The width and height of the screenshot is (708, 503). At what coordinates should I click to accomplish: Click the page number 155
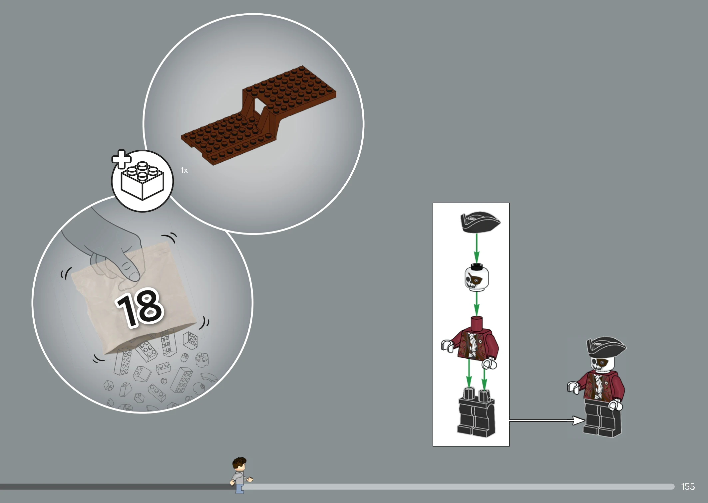click(688, 487)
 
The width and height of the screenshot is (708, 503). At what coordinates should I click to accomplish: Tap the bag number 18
click(140, 307)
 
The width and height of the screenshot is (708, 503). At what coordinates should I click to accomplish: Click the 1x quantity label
click(184, 170)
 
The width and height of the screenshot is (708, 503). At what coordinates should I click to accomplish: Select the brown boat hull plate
click(258, 115)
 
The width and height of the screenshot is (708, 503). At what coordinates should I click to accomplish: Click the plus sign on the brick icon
click(121, 159)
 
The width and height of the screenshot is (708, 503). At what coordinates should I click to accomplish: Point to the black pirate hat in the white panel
click(480, 222)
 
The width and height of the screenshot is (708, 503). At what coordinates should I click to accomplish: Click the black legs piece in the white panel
click(476, 413)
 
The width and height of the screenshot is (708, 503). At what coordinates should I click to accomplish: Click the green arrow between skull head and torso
click(477, 304)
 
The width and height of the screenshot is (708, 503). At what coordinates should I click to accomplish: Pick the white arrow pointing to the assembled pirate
click(547, 420)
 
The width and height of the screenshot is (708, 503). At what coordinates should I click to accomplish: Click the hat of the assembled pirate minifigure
click(606, 347)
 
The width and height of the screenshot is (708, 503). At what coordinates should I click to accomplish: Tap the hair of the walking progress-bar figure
click(239, 462)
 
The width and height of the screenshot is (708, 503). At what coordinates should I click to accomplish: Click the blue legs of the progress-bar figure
click(239, 488)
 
